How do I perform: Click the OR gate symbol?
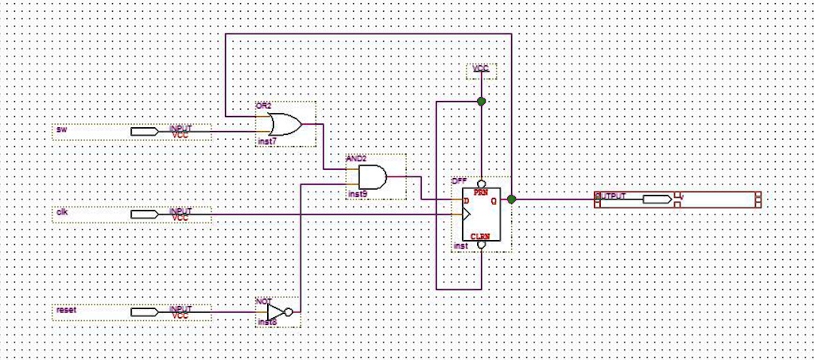pos(284,125)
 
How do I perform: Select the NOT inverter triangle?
pos(274,312)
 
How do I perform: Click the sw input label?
pos(61,130)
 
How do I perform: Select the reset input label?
pos(66,310)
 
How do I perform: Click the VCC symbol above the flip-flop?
pos(481,69)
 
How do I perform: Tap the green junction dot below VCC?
pos(481,101)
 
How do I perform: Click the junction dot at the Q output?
pos(511,199)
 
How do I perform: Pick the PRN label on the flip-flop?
pos(481,192)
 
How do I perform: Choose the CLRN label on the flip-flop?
pos(481,237)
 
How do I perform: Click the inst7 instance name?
pos(266,141)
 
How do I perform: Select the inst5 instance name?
pos(357,194)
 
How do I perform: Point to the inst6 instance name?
pos(266,322)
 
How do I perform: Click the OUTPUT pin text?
pos(610,196)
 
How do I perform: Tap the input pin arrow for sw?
pos(145,131)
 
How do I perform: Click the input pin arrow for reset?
pos(145,312)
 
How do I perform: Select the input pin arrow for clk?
pos(145,214)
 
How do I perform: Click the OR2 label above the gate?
pos(263,106)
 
